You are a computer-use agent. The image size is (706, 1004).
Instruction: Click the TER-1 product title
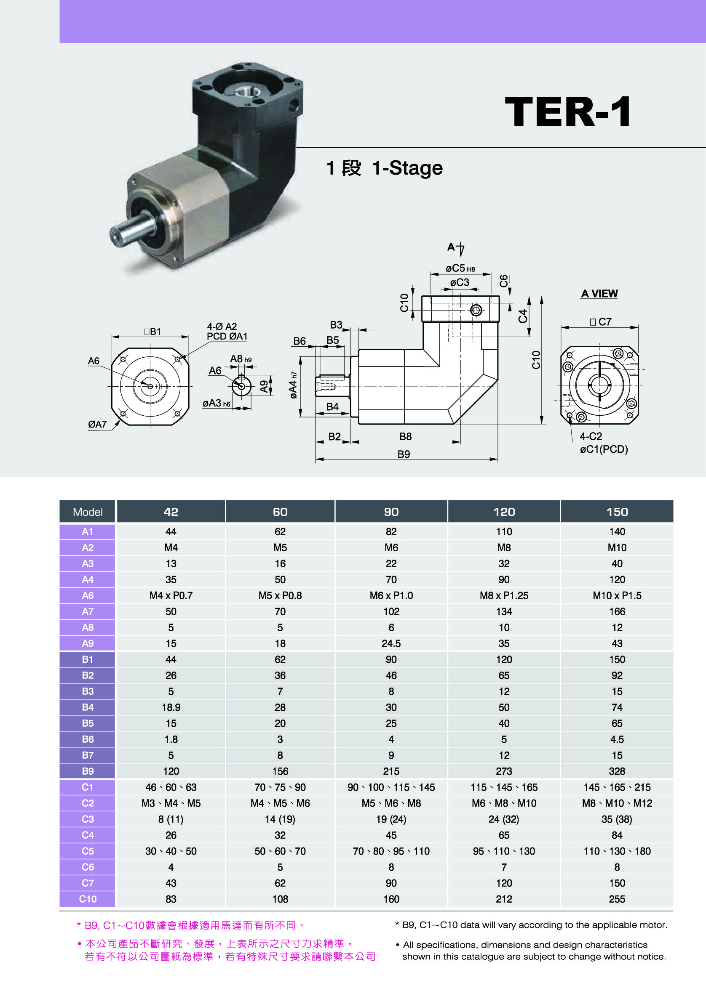point(568,112)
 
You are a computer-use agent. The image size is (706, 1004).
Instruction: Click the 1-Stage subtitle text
point(407,168)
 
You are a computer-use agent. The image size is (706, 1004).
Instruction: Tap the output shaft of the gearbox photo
point(131,226)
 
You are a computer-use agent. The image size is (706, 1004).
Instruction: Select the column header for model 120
point(504,512)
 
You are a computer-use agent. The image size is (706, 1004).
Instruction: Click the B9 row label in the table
point(88,771)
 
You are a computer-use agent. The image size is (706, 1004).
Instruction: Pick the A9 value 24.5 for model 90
point(391,643)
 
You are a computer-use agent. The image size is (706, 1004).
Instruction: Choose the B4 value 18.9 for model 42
point(171,707)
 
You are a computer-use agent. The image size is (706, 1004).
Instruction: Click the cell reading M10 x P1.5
point(617,595)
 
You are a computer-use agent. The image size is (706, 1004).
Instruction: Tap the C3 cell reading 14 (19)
point(280,819)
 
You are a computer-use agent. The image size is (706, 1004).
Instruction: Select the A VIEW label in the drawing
point(599,293)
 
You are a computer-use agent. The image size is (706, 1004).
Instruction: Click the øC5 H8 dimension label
point(460,268)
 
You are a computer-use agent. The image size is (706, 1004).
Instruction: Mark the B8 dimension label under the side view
point(405,436)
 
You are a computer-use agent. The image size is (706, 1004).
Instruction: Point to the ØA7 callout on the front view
point(97,424)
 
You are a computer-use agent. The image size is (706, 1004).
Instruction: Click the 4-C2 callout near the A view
point(591,436)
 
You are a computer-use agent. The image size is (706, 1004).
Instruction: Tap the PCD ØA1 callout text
point(227,336)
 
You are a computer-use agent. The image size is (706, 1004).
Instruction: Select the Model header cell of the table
point(88,512)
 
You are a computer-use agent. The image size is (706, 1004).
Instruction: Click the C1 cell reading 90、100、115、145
point(391,787)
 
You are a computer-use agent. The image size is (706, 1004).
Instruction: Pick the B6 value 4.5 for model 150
point(617,739)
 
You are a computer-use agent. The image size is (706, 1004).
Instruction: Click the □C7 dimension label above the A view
point(601,322)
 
